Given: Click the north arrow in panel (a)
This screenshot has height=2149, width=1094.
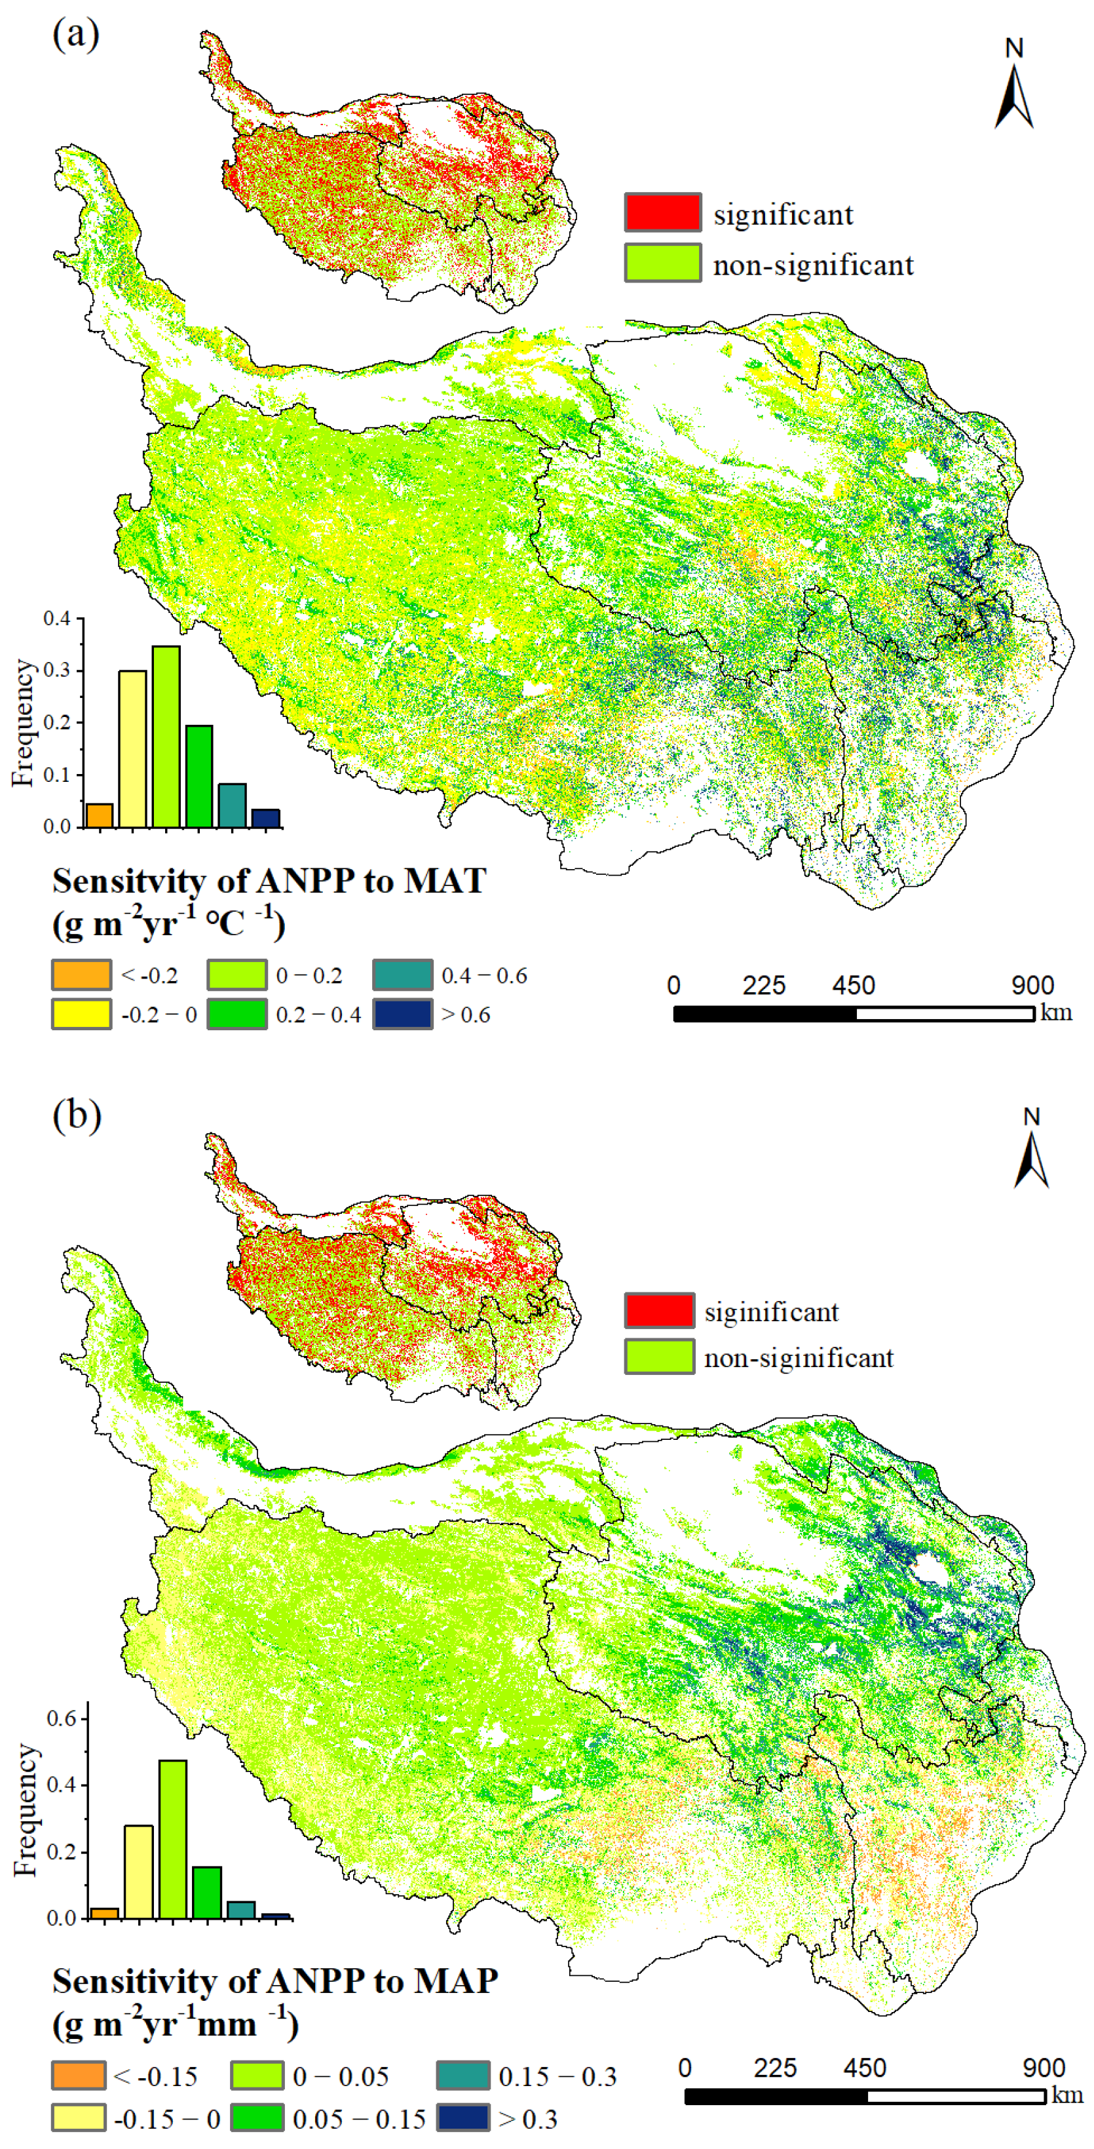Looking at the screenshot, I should [x=1014, y=96].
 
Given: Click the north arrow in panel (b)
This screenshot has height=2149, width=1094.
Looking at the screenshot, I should [x=1032, y=1159].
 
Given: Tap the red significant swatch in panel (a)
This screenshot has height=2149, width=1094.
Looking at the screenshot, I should [x=663, y=213].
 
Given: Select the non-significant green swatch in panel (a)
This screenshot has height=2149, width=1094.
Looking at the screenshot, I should [x=663, y=263].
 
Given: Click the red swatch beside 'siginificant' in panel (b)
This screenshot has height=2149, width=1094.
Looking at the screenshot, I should [x=659, y=1311].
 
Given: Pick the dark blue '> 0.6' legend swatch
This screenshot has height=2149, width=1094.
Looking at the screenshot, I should [x=403, y=1014].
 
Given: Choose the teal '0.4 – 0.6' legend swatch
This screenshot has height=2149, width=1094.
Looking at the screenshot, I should [x=403, y=975].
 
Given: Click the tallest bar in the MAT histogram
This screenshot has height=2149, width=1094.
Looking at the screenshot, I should [x=166, y=737].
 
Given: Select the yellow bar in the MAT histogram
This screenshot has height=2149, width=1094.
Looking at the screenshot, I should [x=132, y=748].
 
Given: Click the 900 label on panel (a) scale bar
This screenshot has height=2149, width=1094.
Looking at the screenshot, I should [x=1032, y=986].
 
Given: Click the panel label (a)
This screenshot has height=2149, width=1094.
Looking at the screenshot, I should [x=76, y=35].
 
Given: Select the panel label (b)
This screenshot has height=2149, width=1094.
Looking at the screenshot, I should [x=77, y=1115].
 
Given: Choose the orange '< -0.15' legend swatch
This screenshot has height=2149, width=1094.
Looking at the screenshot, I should [x=79, y=2076].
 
